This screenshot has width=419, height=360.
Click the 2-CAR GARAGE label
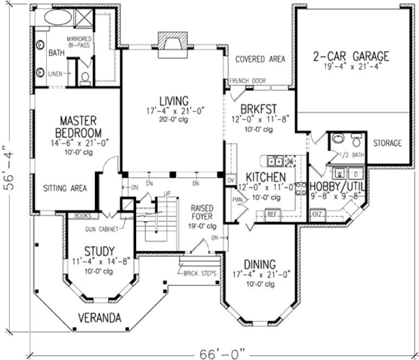[351, 56]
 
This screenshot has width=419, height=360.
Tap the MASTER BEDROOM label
[81, 126]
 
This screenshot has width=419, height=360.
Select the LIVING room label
[174, 100]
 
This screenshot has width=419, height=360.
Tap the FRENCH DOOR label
[247, 81]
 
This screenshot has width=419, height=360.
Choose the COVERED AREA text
[261, 59]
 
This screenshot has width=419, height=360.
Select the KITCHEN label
[265, 177]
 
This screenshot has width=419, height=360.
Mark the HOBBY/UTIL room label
[337, 186]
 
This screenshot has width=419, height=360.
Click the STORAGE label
[387, 143]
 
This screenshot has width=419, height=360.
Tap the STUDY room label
[99, 251]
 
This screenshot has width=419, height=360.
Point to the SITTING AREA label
[66, 188]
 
